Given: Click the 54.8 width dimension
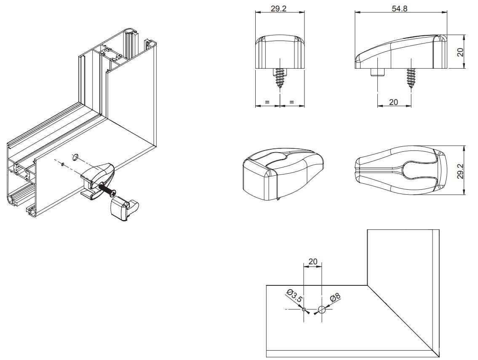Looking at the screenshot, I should click(x=399, y=8).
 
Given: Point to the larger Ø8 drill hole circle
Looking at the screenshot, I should click(x=322, y=310).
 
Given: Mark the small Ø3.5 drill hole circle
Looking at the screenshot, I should click(x=304, y=309).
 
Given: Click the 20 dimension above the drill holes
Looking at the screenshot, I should click(x=312, y=262).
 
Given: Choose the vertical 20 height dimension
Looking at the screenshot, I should click(x=460, y=52).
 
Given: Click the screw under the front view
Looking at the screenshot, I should click(x=280, y=78).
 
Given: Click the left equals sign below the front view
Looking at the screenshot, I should click(x=267, y=102).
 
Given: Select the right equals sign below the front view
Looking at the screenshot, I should click(x=291, y=102).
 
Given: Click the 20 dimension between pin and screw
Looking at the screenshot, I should click(x=393, y=102).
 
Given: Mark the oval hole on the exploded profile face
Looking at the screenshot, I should click(x=75, y=157).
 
